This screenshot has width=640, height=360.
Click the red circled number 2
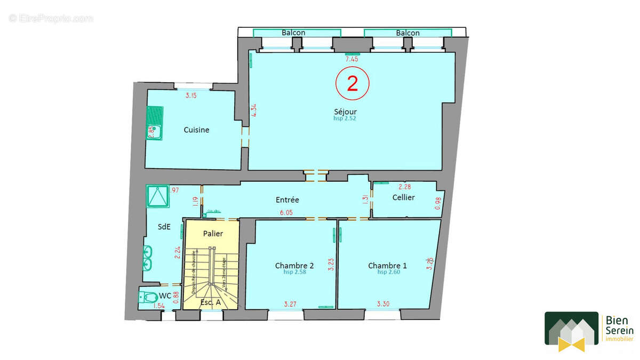click(352, 84)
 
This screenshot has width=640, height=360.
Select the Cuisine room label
click(196, 130)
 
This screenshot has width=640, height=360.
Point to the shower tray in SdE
click(157, 196)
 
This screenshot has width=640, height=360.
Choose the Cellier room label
click(403, 197)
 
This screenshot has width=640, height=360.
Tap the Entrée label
click(287, 200)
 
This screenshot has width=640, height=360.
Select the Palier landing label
click(213, 234)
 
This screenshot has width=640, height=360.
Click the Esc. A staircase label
click(211, 303)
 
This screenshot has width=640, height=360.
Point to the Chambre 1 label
click(387, 266)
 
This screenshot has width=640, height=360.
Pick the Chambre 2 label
click(294, 266)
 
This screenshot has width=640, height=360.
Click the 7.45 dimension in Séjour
click(351, 59)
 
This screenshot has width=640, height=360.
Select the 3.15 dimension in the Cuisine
click(190, 96)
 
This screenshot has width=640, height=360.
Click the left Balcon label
click(293, 33)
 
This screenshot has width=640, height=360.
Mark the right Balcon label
click(407, 33)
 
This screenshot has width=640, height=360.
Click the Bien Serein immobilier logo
click(589, 331)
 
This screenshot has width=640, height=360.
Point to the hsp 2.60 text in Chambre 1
click(389, 272)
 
